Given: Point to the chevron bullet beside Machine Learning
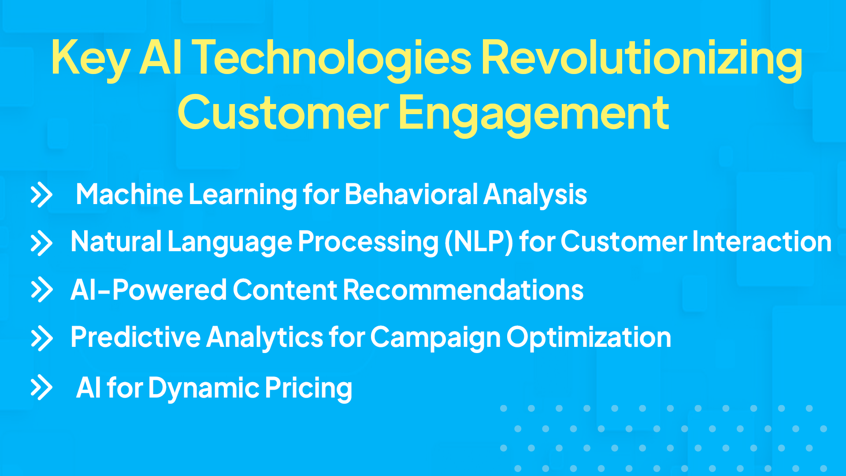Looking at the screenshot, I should tap(41, 194).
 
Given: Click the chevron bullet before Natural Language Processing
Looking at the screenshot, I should tap(41, 242).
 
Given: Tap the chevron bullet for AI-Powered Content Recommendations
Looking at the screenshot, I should tap(41, 290).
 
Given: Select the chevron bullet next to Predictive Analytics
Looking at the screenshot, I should tap(41, 338).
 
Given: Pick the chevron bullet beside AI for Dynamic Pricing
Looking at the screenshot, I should tap(41, 387).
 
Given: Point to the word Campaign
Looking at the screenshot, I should tap(435, 338).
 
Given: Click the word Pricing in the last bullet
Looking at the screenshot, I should tap(308, 388).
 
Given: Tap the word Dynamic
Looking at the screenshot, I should tap(204, 388).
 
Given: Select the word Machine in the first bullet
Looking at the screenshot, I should tap(129, 194).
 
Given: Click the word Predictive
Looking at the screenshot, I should tap(136, 338).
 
